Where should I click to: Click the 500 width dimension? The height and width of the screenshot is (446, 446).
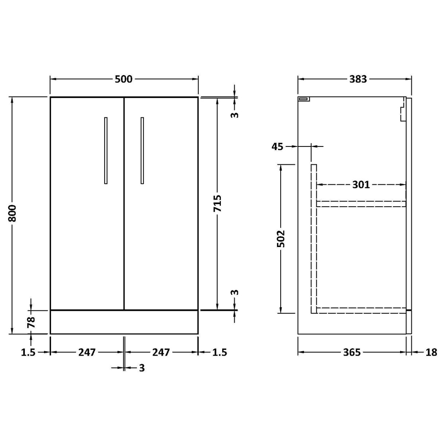coord(124,79)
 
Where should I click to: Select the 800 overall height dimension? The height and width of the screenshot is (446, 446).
coord(12,214)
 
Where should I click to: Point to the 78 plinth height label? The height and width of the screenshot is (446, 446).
coord(31,322)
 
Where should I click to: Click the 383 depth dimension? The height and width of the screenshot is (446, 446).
coord(358,79)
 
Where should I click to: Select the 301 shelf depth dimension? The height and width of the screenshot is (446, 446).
coord(361,185)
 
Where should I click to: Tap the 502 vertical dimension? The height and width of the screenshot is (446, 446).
coord(281,239)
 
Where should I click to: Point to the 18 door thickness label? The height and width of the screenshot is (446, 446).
coord(431,352)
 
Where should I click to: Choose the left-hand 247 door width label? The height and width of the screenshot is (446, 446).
coord(86,352)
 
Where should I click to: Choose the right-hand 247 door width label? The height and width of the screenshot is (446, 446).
coord(161,352)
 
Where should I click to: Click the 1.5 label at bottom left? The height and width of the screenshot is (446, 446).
coord(28,352)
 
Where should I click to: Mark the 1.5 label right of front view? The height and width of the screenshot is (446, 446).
coord(219,352)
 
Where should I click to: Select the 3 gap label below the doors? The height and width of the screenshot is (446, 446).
coord(142,368)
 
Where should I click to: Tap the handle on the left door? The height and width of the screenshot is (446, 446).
coord(106,150)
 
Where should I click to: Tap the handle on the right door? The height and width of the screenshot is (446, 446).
coord(142,150)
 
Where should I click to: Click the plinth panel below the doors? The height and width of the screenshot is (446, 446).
coord(124,322)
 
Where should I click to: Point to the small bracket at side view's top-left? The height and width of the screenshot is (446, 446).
coord(304,99)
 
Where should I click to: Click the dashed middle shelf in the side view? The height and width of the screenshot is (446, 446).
coord(361,204)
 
